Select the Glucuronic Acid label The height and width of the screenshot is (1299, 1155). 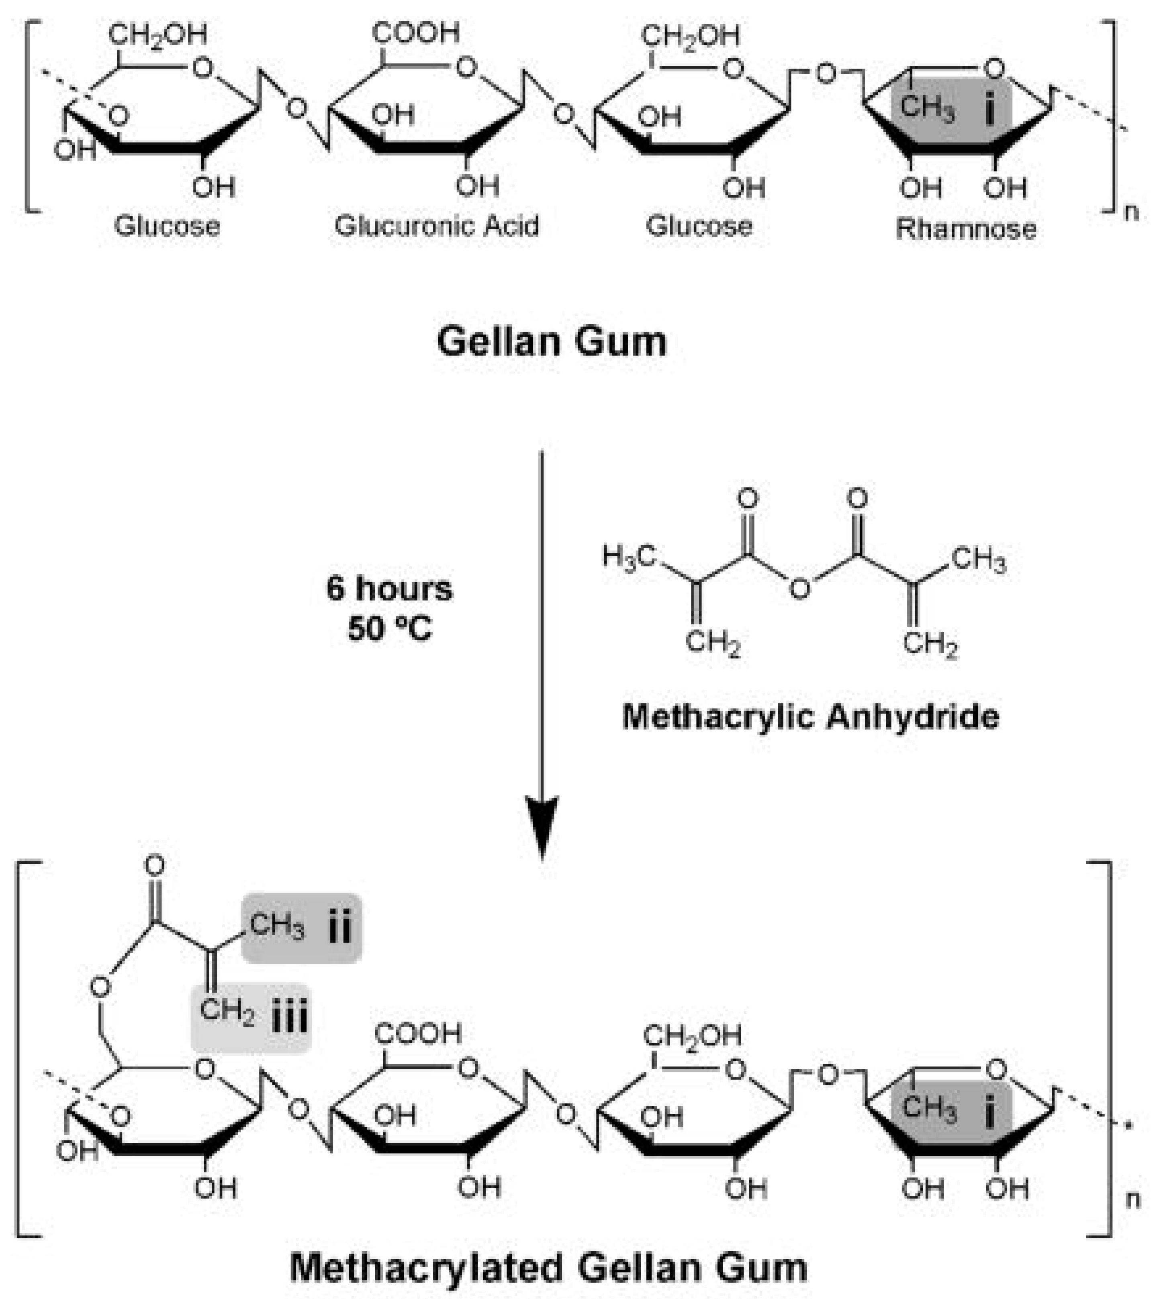pos(437,226)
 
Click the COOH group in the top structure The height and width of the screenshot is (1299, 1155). pos(416,33)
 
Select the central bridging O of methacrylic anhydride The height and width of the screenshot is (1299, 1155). pos(800,589)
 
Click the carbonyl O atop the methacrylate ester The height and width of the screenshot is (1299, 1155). pos(154,866)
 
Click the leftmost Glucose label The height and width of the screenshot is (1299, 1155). pos(167,226)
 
